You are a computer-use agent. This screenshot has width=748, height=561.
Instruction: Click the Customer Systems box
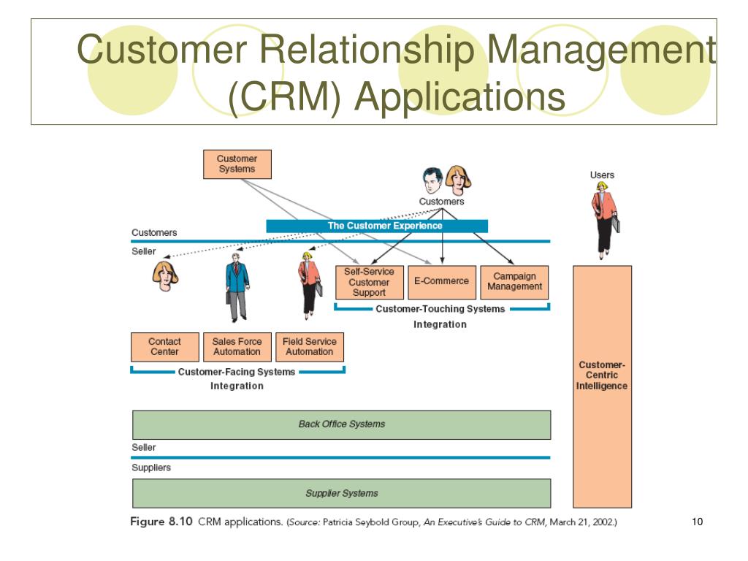[237, 164]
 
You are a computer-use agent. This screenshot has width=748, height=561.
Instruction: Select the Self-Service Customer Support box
[369, 282]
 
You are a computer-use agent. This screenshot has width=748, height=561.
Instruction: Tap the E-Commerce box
[442, 282]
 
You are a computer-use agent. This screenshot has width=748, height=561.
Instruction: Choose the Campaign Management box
[514, 282]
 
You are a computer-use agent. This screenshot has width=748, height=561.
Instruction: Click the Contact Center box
[164, 347]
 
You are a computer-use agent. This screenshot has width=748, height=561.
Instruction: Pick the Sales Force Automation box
[237, 347]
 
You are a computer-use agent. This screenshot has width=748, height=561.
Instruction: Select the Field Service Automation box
[310, 347]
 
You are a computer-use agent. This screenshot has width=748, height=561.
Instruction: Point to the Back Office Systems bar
[342, 424]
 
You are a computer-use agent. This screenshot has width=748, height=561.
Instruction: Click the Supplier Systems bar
[342, 493]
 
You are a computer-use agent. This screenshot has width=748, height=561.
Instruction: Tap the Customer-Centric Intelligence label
[602, 375]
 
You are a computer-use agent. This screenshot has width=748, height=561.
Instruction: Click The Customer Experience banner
[377, 226]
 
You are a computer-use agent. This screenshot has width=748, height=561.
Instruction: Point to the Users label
[602, 175]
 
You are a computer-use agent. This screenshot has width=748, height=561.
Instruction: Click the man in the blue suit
[237, 286]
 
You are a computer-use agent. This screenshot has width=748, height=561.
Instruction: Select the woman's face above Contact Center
[165, 275]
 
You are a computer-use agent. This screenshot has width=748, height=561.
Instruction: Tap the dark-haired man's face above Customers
[432, 180]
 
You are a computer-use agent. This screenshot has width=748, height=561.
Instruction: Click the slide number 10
[697, 522]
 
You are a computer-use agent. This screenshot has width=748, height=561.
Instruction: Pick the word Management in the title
[601, 50]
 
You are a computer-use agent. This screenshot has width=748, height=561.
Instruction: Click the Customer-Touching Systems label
[440, 309]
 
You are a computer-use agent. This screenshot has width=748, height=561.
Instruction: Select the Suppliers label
[151, 467]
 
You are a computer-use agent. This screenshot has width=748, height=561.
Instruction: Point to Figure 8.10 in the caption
[161, 522]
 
